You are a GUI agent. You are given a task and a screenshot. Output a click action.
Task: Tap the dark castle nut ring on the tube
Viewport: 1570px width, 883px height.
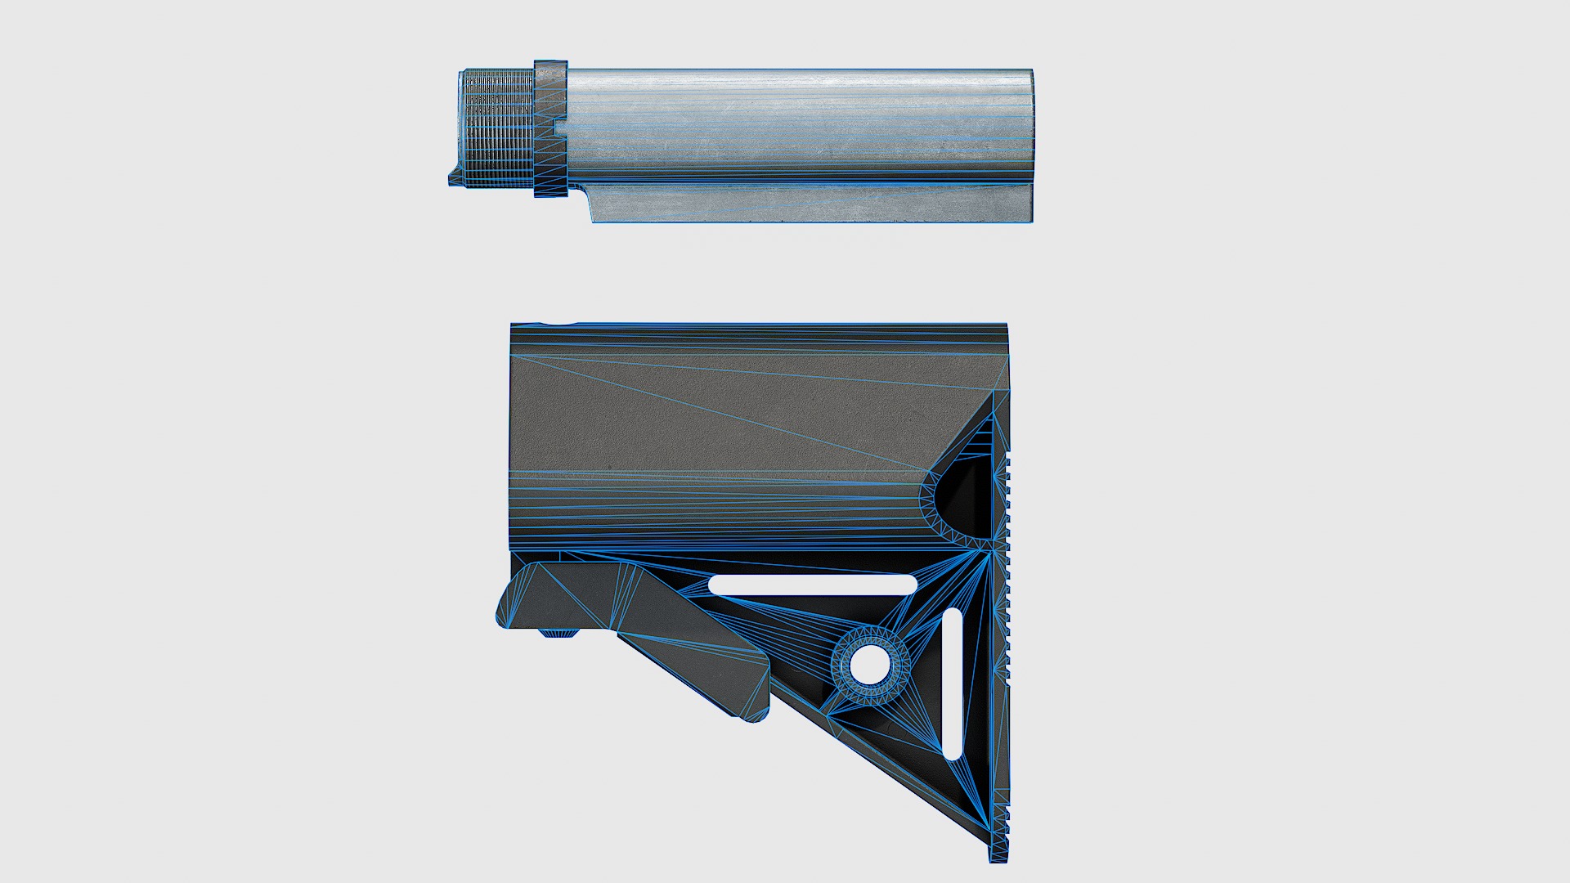point(550,129)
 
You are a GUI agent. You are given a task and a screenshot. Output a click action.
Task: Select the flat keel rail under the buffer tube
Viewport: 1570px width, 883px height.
point(810,204)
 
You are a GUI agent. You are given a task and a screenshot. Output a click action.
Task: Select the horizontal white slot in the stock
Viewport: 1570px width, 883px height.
point(813,585)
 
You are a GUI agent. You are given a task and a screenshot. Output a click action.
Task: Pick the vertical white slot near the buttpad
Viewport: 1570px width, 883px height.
point(953,684)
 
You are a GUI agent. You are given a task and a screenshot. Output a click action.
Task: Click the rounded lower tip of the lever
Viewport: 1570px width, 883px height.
point(756,711)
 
